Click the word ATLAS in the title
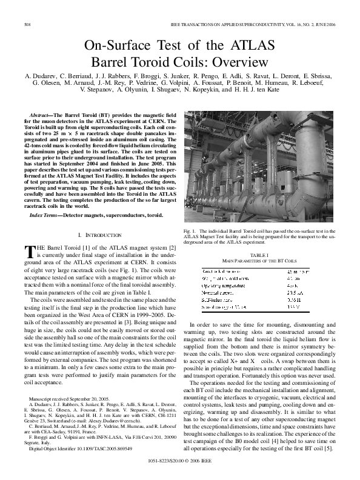(x=247, y=46)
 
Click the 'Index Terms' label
(x=46, y=216)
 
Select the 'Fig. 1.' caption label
(x=190, y=232)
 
